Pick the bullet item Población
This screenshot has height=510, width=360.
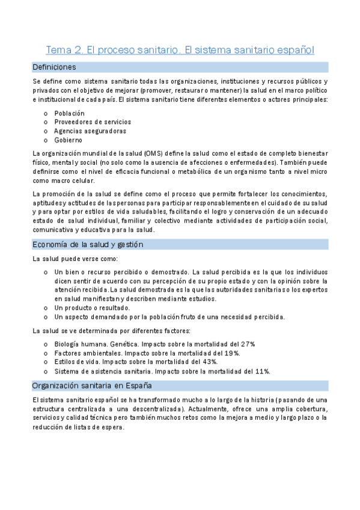(69, 113)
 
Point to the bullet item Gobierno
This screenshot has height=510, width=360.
(68, 140)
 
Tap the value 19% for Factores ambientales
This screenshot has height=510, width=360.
(232, 353)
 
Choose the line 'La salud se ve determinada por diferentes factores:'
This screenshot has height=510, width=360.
(112, 331)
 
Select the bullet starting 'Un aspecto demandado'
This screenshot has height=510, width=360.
(169, 317)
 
